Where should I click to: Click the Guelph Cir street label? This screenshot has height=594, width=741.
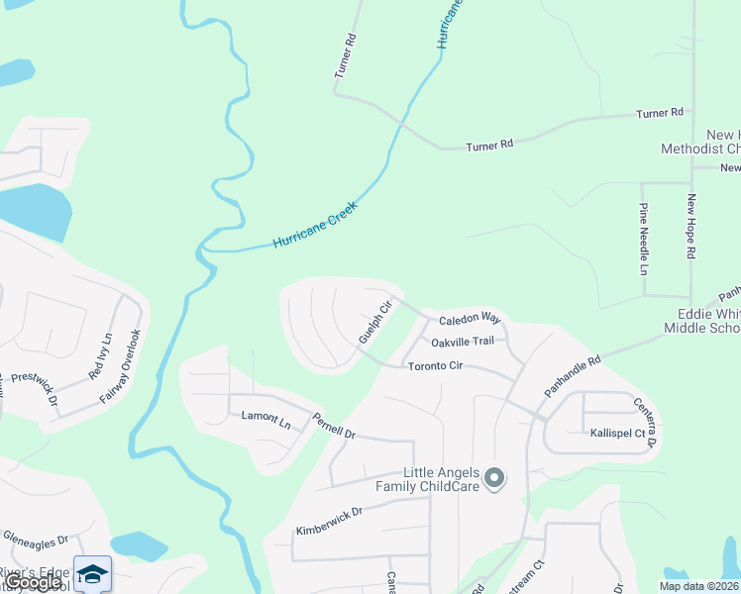click(376, 322)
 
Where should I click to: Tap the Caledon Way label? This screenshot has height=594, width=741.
click(470, 319)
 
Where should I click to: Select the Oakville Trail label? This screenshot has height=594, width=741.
click(462, 342)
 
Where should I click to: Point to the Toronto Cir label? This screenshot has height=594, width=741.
click(436, 366)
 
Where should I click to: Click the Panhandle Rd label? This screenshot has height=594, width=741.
click(573, 377)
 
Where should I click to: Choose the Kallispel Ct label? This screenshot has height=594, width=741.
click(617, 434)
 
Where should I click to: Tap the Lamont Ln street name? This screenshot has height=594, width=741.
click(265, 421)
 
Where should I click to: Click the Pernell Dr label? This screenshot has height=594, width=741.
click(334, 426)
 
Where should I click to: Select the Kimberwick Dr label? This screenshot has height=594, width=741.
click(329, 523)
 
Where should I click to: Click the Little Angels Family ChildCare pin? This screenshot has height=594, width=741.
click(495, 479)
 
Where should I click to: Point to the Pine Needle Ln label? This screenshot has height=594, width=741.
click(643, 239)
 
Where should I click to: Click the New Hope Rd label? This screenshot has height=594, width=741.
click(692, 227)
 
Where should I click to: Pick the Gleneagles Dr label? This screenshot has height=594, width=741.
click(35, 541)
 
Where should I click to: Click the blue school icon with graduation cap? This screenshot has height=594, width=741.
click(92, 574)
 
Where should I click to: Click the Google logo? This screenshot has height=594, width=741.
click(34, 582)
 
